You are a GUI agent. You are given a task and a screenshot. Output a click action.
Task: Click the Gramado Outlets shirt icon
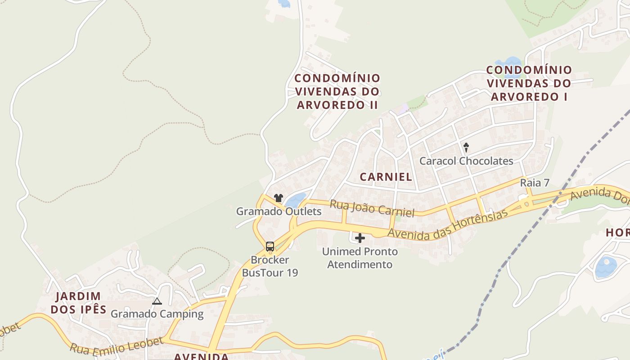[x=279, y=198]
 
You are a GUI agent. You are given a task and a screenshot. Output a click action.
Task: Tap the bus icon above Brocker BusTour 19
[x=270, y=246]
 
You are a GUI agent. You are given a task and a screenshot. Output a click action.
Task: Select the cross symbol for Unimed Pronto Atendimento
[x=360, y=238]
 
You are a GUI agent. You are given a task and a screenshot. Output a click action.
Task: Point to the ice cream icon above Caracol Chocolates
[x=466, y=147]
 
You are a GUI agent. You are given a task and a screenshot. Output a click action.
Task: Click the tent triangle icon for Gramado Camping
[x=157, y=301]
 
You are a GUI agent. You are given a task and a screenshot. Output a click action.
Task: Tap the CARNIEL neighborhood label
[x=386, y=177]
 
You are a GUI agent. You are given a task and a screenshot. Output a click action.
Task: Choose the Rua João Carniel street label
[x=372, y=208]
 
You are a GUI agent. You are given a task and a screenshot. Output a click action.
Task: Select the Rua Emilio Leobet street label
[x=116, y=345]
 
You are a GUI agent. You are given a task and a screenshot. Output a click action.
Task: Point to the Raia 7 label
[x=535, y=183]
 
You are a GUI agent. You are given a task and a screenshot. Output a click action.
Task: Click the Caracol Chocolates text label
[x=466, y=161]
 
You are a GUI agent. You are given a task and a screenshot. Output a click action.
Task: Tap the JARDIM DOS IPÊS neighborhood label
[x=78, y=302]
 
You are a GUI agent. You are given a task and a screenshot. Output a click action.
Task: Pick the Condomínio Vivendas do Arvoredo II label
[x=337, y=91]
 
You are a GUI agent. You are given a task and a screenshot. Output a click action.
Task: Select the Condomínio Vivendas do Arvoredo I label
[x=529, y=83]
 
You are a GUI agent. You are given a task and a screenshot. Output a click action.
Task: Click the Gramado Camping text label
[x=157, y=314]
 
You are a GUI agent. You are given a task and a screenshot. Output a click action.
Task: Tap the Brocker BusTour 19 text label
[x=270, y=266]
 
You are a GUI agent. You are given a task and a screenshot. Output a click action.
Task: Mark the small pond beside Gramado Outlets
[x=296, y=200]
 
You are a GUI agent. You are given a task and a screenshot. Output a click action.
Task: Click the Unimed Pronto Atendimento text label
[x=360, y=258]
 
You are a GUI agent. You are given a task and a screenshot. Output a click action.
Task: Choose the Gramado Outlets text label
[x=279, y=211]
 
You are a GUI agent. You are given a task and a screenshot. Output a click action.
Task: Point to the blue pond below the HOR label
[x=606, y=266]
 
